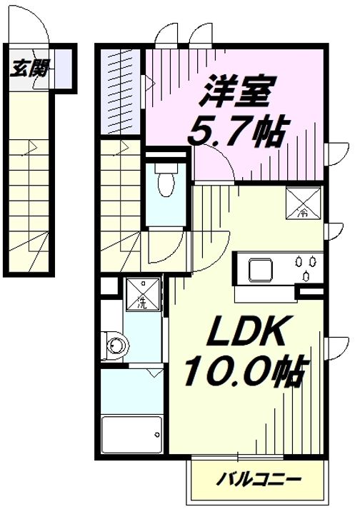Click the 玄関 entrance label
[29, 69]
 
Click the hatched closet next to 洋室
[122, 90]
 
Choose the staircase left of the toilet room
[120, 207]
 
